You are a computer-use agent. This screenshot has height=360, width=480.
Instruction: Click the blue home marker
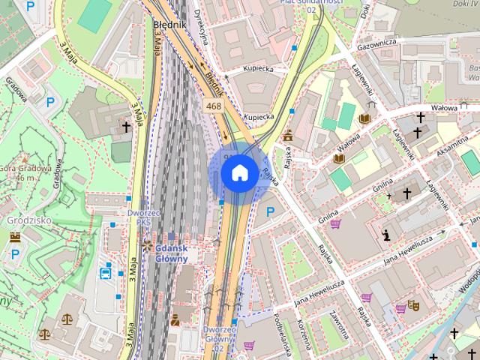point(238,172)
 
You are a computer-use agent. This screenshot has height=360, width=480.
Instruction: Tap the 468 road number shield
point(214,106)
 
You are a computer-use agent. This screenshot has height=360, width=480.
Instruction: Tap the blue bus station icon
point(107,272)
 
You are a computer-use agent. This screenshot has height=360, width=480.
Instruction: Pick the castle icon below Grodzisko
point(15,237)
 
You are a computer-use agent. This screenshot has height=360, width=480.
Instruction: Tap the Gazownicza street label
point(376,45)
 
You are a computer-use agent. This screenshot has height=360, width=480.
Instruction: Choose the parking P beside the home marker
point(270,212)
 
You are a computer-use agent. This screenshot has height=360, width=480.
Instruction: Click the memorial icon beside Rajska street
point(288,136)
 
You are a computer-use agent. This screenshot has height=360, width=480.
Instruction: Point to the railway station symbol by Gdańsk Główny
point(147,246)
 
